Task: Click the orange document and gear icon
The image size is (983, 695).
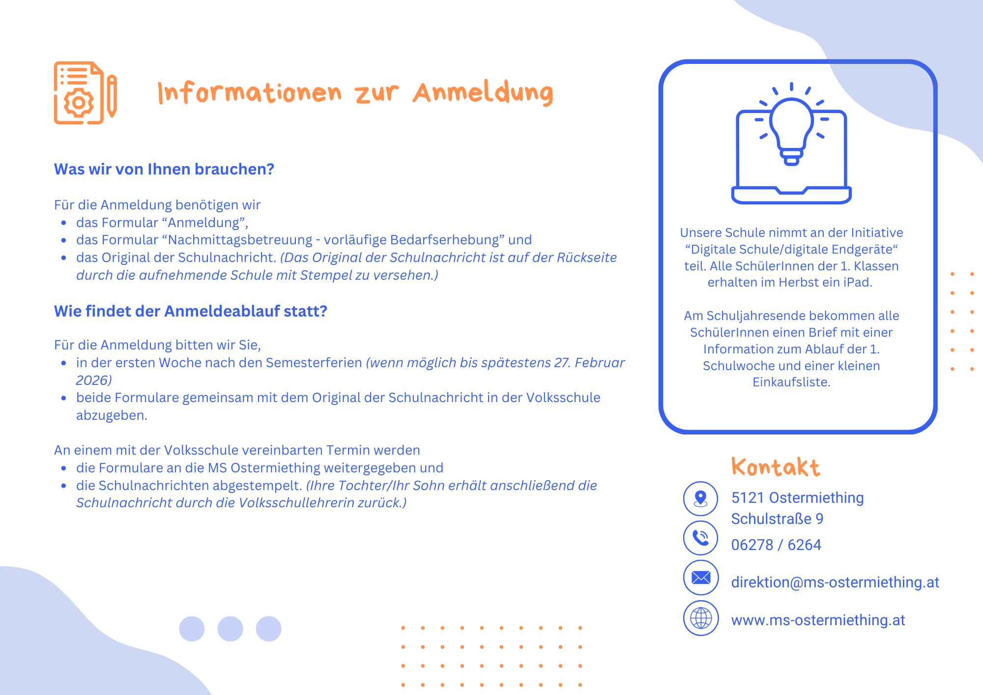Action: [85, 93]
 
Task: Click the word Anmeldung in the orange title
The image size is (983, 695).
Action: [483, 93]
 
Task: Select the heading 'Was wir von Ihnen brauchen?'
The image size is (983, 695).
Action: [164, 169]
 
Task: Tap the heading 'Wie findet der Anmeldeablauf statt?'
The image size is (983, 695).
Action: [190, 311]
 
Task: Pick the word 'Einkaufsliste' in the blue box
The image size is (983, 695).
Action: [791, 382]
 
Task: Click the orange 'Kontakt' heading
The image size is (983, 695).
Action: [775, 467]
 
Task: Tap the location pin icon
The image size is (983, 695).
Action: [700, 498]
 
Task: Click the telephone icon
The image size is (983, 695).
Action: [700, 538]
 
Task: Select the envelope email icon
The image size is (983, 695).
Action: [700, 578]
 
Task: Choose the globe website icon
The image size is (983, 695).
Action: [700, 618]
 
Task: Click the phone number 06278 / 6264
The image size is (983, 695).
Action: [776, 545]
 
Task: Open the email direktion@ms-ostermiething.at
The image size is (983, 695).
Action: [835, 582]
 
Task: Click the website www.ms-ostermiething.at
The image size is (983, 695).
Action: [817, 620]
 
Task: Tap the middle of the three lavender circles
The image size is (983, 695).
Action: [230, 629]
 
